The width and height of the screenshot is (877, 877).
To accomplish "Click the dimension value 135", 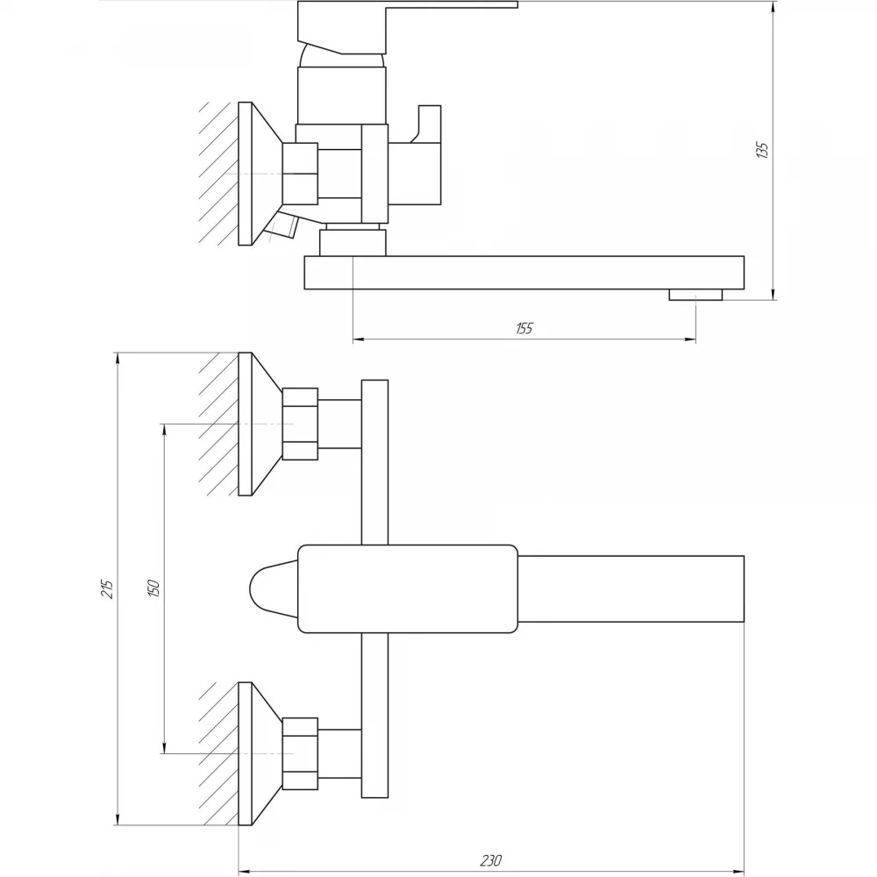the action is (762, 150).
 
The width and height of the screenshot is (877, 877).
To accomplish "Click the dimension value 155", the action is (524, 328).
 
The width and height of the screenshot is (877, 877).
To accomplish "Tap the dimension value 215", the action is (107, 589).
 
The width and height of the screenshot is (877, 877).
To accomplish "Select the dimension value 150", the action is (153, 588).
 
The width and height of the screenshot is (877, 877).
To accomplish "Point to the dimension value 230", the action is (490, 859).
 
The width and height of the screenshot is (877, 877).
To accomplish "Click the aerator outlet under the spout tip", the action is (695, 295).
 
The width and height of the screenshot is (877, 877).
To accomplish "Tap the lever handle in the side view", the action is (407, 28).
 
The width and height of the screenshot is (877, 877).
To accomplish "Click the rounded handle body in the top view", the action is (408, 588).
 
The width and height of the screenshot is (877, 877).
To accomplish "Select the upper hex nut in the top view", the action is (300, 424).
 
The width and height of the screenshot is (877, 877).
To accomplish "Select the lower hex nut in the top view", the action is (300, 753).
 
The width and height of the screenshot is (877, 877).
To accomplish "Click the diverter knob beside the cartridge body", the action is (415, 155).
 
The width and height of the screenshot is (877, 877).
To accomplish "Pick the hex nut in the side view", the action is (300, 174).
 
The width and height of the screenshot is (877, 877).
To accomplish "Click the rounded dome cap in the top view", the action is (274, 588).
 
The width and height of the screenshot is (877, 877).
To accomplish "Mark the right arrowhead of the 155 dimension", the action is (690, 339).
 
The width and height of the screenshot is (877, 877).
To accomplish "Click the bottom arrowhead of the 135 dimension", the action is (773, 294).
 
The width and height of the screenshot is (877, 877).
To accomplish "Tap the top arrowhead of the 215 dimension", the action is (117, 359).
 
